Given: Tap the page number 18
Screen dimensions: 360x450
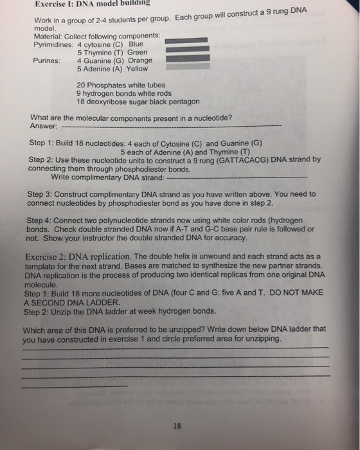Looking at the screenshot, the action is pyautogui.click(x=178, y=425).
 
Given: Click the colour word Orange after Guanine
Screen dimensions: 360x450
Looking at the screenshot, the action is pyautogui.click(x=140, y=61).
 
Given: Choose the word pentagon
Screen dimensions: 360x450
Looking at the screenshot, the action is pyautogui.click(x=184, y=102).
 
